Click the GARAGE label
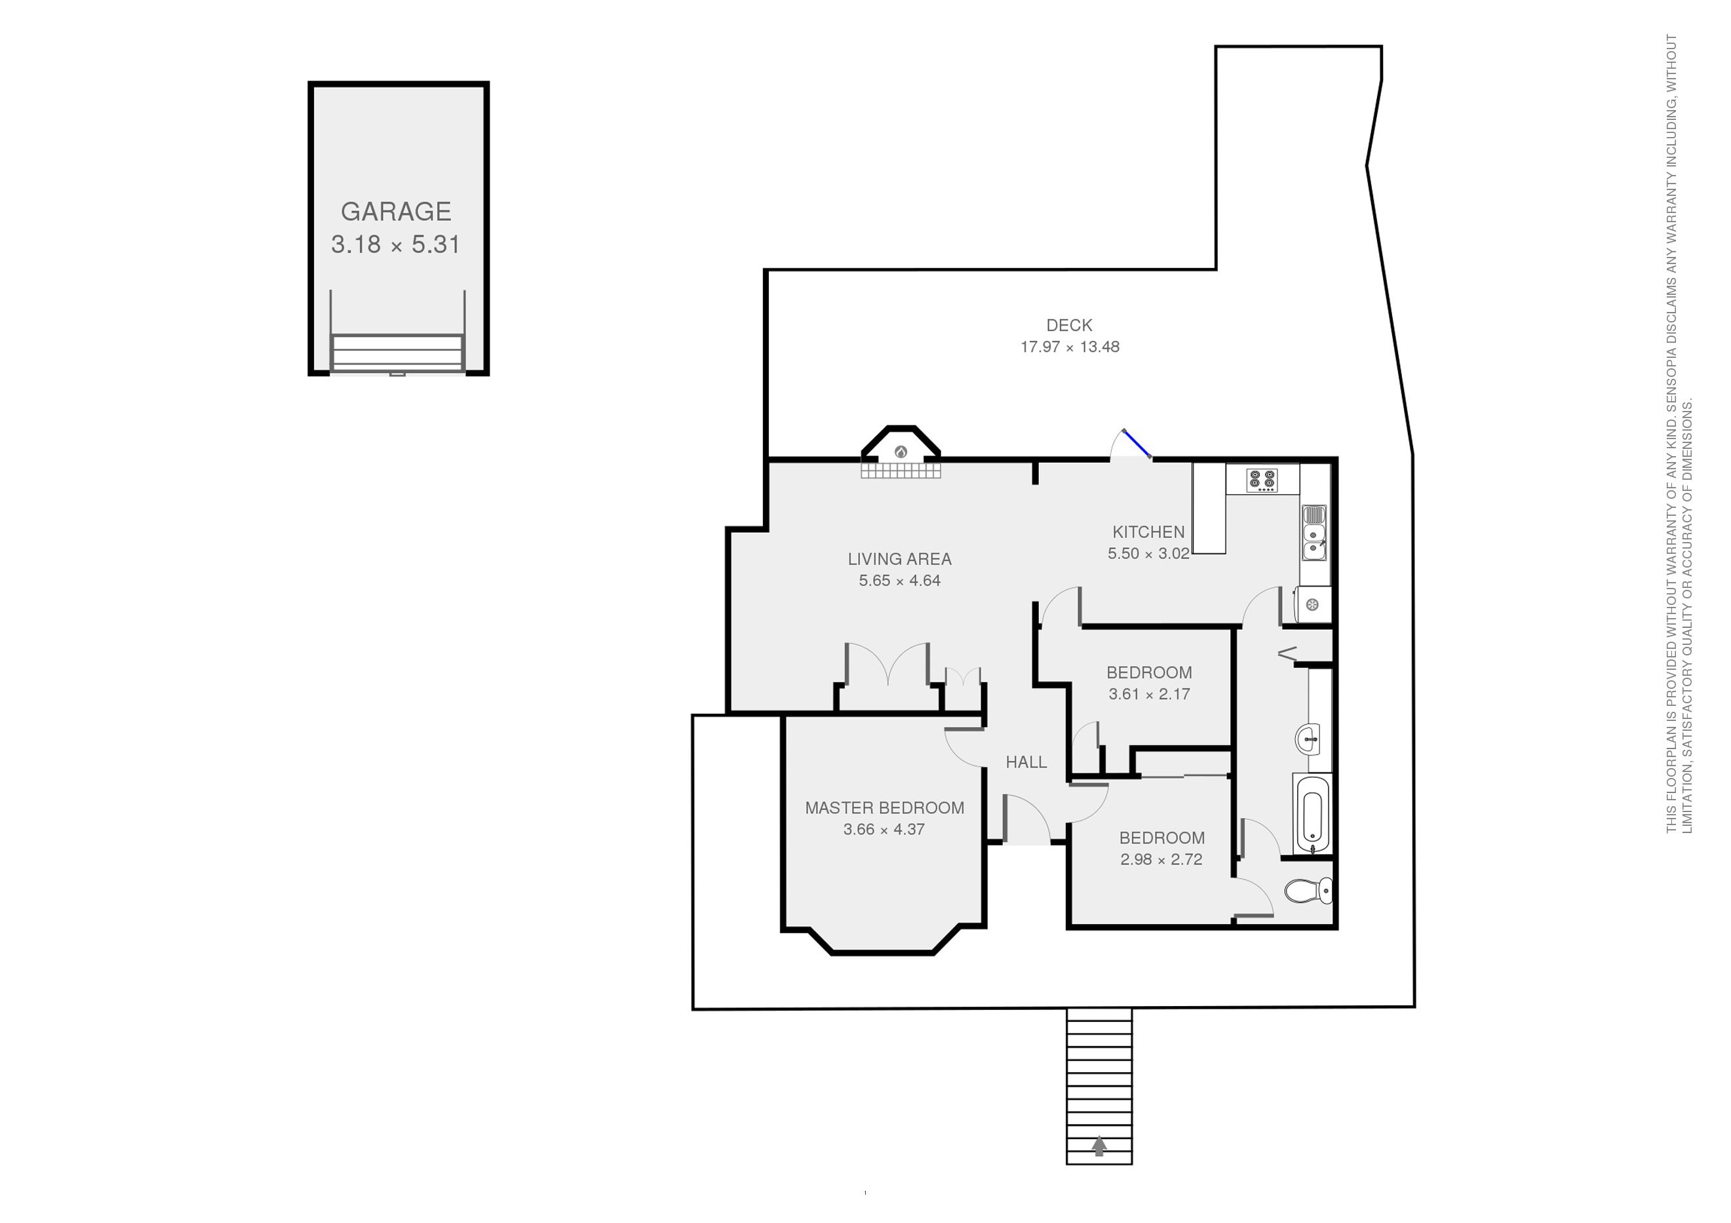tap(396, 211)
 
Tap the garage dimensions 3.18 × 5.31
tap(396, 244)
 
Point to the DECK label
tap(1069, 325)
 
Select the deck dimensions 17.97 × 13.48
tap(1070, 347)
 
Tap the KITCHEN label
tap(1148, 532)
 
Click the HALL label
tap(1026, 762)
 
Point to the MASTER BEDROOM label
tap(884, 807)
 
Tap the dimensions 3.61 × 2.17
tap(1149, 693)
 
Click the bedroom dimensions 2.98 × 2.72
tap(1161, 859)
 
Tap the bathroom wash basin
tap(1309, 738)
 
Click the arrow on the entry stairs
tap(1099, 1146)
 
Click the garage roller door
tap(397, 353)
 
